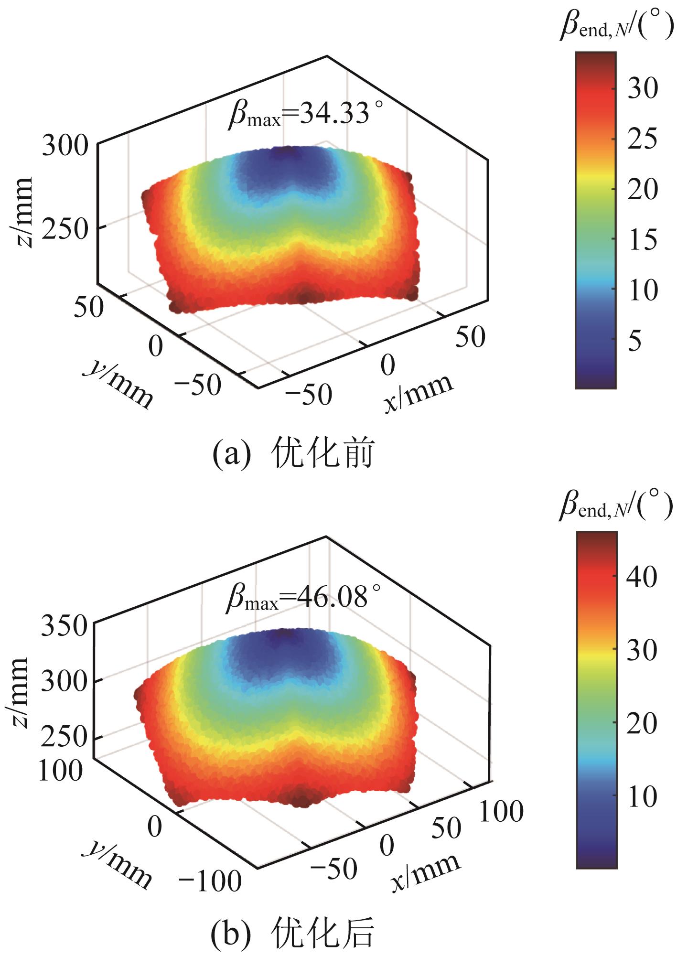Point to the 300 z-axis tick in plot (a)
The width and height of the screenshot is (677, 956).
[65, 146]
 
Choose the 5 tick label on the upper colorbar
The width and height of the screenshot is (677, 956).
[635, 341]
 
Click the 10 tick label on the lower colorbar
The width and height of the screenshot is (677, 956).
[642, 796]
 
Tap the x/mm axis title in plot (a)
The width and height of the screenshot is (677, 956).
[419, 393]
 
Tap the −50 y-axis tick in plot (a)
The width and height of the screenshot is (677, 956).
[198, 385]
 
